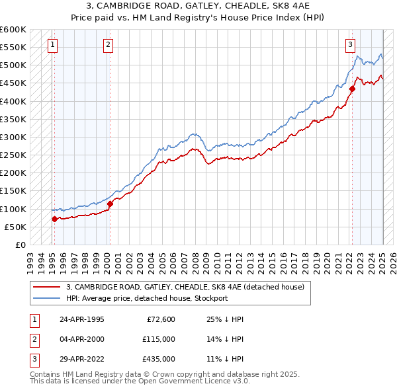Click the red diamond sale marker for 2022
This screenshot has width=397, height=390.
tap(352, 89)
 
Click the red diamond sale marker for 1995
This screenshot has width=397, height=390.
tap(54, 219)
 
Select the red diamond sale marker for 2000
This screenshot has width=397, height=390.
tap(110, 204)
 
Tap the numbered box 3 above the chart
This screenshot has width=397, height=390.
tap(350, 45)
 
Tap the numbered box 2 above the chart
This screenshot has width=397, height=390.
tap(108, 45)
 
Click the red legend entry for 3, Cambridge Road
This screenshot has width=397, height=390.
tap(185, 287)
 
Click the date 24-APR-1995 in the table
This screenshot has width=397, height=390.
tap(81, 319)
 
